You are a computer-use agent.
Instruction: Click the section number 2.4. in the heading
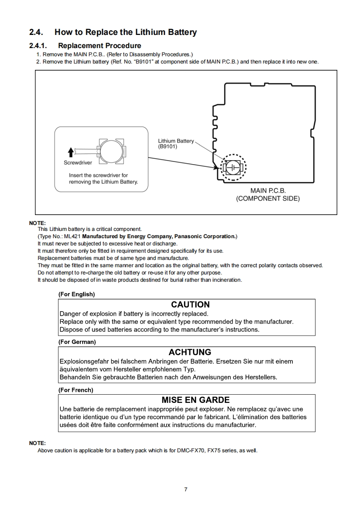[36, 32]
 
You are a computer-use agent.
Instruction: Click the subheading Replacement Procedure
[99, 46]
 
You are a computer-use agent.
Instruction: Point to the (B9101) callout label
[168, 147]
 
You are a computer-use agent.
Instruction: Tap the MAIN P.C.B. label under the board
[268, 191]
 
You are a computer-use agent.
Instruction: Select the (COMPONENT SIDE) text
[268, 199]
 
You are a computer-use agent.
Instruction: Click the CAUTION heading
[190, 305]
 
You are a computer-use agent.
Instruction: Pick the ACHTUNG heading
[190, 352]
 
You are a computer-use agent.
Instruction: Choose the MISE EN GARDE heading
[196, 400]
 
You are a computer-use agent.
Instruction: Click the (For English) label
[76, 294]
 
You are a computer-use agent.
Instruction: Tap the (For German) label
[77, 342]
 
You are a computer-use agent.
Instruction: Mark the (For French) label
[75, 390]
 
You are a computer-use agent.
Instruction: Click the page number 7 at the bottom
[186, 489]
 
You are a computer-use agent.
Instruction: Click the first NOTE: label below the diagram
[37, 223]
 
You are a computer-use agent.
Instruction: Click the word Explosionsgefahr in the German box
[85, 362]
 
